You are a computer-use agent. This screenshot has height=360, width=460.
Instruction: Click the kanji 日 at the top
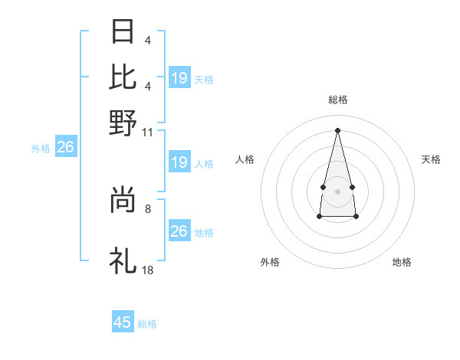click(123, 32)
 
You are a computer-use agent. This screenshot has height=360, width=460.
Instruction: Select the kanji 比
click(123, 77)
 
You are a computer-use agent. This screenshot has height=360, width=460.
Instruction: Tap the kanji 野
click(123, 122)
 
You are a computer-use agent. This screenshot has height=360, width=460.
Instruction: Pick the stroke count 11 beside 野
click(148, 131)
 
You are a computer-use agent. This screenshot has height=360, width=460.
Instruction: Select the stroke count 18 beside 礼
click(148, 270)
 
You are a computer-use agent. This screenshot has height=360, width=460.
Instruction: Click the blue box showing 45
click(123, 322)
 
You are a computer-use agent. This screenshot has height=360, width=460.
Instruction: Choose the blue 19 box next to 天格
click(179, 77)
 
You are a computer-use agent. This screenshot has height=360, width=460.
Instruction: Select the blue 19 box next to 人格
click(179, 162)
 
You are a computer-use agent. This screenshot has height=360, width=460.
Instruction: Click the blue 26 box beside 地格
click(179, 231)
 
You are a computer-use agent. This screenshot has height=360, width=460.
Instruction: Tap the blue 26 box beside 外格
click(65, 147)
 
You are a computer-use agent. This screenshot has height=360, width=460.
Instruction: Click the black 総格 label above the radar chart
click(338, 100)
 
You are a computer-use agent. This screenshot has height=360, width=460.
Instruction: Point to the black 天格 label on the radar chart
click(432, 159)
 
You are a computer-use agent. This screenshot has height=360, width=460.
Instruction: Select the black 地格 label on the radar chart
click(402, 262)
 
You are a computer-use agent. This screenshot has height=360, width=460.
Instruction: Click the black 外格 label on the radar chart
click(270, 262)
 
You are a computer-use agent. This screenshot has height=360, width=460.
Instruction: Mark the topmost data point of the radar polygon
click(338, 129)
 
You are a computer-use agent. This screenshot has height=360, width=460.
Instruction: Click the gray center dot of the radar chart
click(338, 189)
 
